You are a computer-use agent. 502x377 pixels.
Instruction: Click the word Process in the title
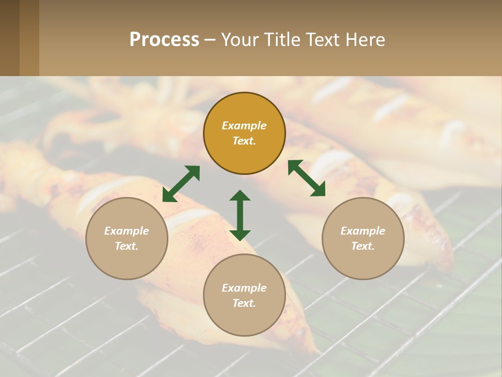click(x=164, y=40)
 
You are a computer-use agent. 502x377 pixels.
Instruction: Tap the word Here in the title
click(x=364, y=40)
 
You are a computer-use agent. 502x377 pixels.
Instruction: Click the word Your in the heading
click(x=241, y=40)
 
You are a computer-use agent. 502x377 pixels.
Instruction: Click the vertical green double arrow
click(x=240, y=215)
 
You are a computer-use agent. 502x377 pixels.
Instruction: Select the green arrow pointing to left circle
click(x=181, y=183)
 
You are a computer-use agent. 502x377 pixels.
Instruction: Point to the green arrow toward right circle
click(x=306, y=178)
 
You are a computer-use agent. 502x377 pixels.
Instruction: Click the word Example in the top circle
click(x=244, y=126)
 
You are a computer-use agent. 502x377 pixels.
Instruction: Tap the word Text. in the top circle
click(x=244, y=141)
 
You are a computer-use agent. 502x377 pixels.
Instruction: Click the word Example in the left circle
click(x=127, y=231)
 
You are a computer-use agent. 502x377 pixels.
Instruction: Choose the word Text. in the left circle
click(x=127, y=246)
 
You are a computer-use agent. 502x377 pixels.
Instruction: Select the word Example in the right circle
click(x=363, y=231)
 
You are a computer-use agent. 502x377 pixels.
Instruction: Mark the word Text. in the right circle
click(x=363, y=246)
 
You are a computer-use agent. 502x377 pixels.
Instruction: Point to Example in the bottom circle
click(x=244, y=288)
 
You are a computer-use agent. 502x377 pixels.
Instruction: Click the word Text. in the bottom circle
click(x=244, y=303)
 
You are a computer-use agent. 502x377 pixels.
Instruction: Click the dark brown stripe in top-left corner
click(x=9, y=38)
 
